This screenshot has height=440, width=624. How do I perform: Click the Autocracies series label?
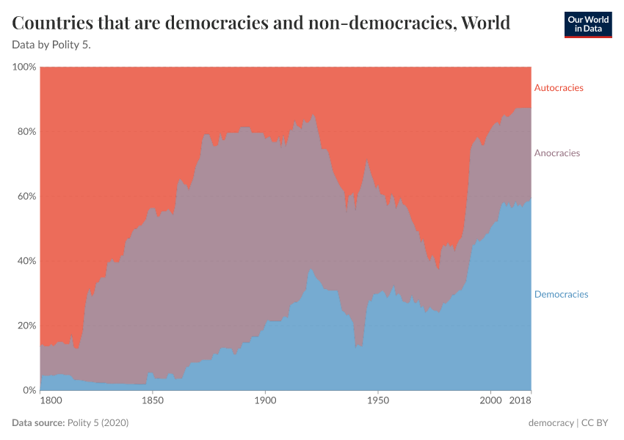558,88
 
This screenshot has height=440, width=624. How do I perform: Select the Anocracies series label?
556,153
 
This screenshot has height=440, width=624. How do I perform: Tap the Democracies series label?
561,294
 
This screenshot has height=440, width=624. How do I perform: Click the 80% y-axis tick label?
25,132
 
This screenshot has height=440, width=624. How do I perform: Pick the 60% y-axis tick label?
25,197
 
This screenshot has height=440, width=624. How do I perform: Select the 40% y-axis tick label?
25,261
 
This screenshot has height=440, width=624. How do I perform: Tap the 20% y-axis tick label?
25,326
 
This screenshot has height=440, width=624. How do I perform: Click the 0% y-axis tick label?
28,390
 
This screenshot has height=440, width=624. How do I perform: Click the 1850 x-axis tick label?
152,403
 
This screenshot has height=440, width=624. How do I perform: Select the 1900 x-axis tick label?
265,403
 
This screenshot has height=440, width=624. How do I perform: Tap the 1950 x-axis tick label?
377,403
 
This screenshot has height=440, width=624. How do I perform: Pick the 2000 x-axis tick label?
490,403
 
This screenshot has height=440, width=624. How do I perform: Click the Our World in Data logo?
588,24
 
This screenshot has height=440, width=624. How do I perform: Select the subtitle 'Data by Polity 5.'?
51,44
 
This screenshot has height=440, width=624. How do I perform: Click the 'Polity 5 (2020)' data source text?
98,423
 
